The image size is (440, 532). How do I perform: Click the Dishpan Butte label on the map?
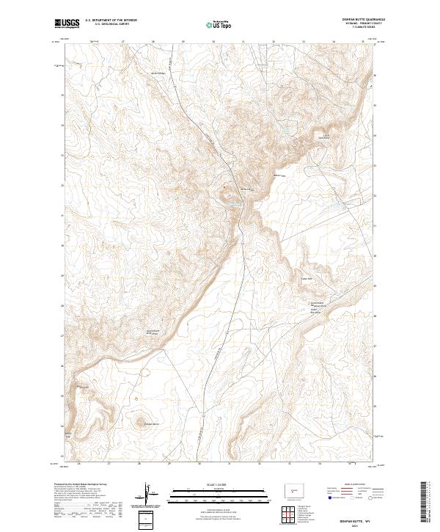click(x=151, y=425)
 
